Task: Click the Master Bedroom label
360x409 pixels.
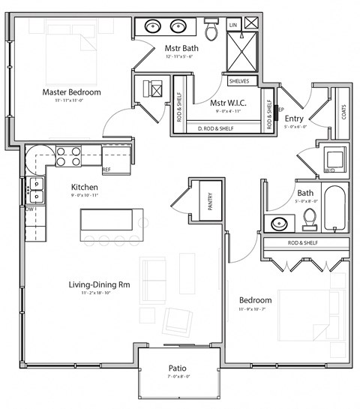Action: (x=71, y=92)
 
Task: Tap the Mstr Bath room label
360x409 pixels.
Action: (x=181, y=49)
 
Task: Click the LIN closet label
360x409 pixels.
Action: (x=232, y=25)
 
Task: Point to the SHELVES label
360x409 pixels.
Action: (x=240, y=81)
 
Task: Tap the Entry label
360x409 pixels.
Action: (x=294, y=118)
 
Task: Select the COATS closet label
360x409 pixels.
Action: (x=342, y=113)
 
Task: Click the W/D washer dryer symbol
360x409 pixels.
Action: (x=331, y=160)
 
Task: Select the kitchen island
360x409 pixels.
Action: (x=112, y=221)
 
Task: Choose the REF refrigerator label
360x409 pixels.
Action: (x=106, y=170)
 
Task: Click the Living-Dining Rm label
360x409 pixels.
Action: (x=99, y=284)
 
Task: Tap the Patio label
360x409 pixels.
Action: (x=178, y=368)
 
